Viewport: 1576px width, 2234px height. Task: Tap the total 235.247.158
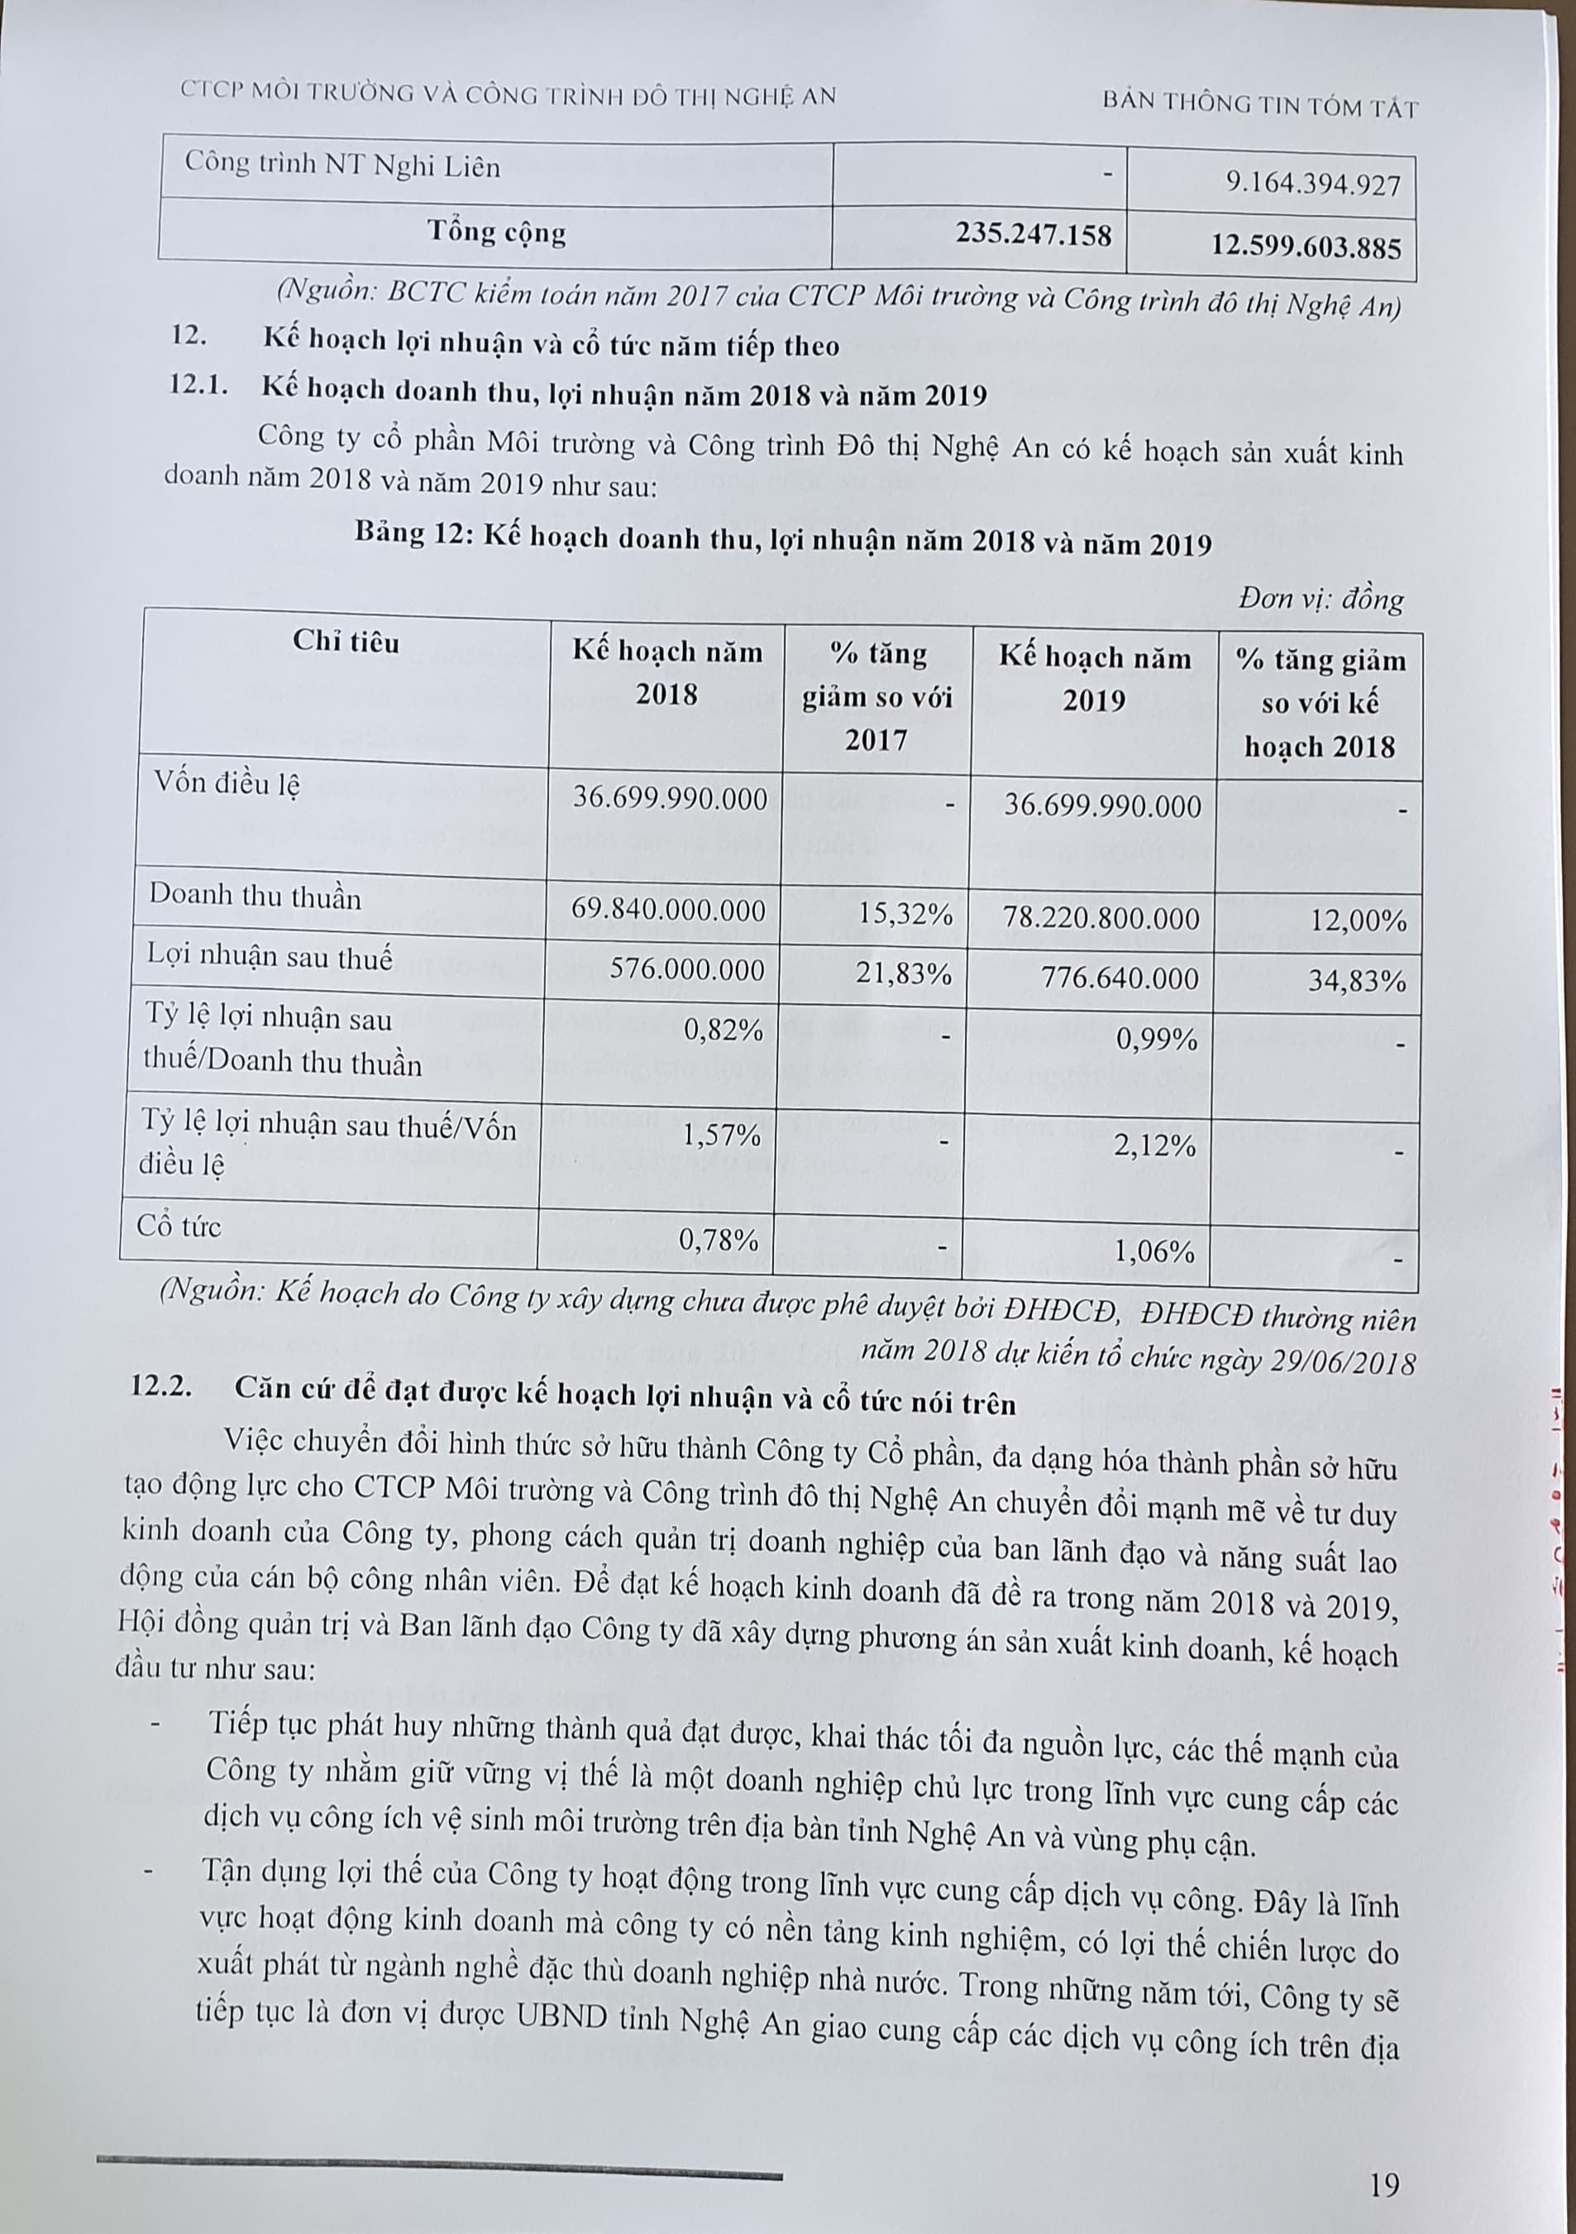pos(1032,235)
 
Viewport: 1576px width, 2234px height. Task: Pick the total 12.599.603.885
pos(1306,246)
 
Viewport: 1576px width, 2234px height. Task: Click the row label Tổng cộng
pos(496,232)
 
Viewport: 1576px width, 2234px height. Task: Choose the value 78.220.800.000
pos(1098,917)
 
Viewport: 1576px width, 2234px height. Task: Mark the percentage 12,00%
pos(1358,921)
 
